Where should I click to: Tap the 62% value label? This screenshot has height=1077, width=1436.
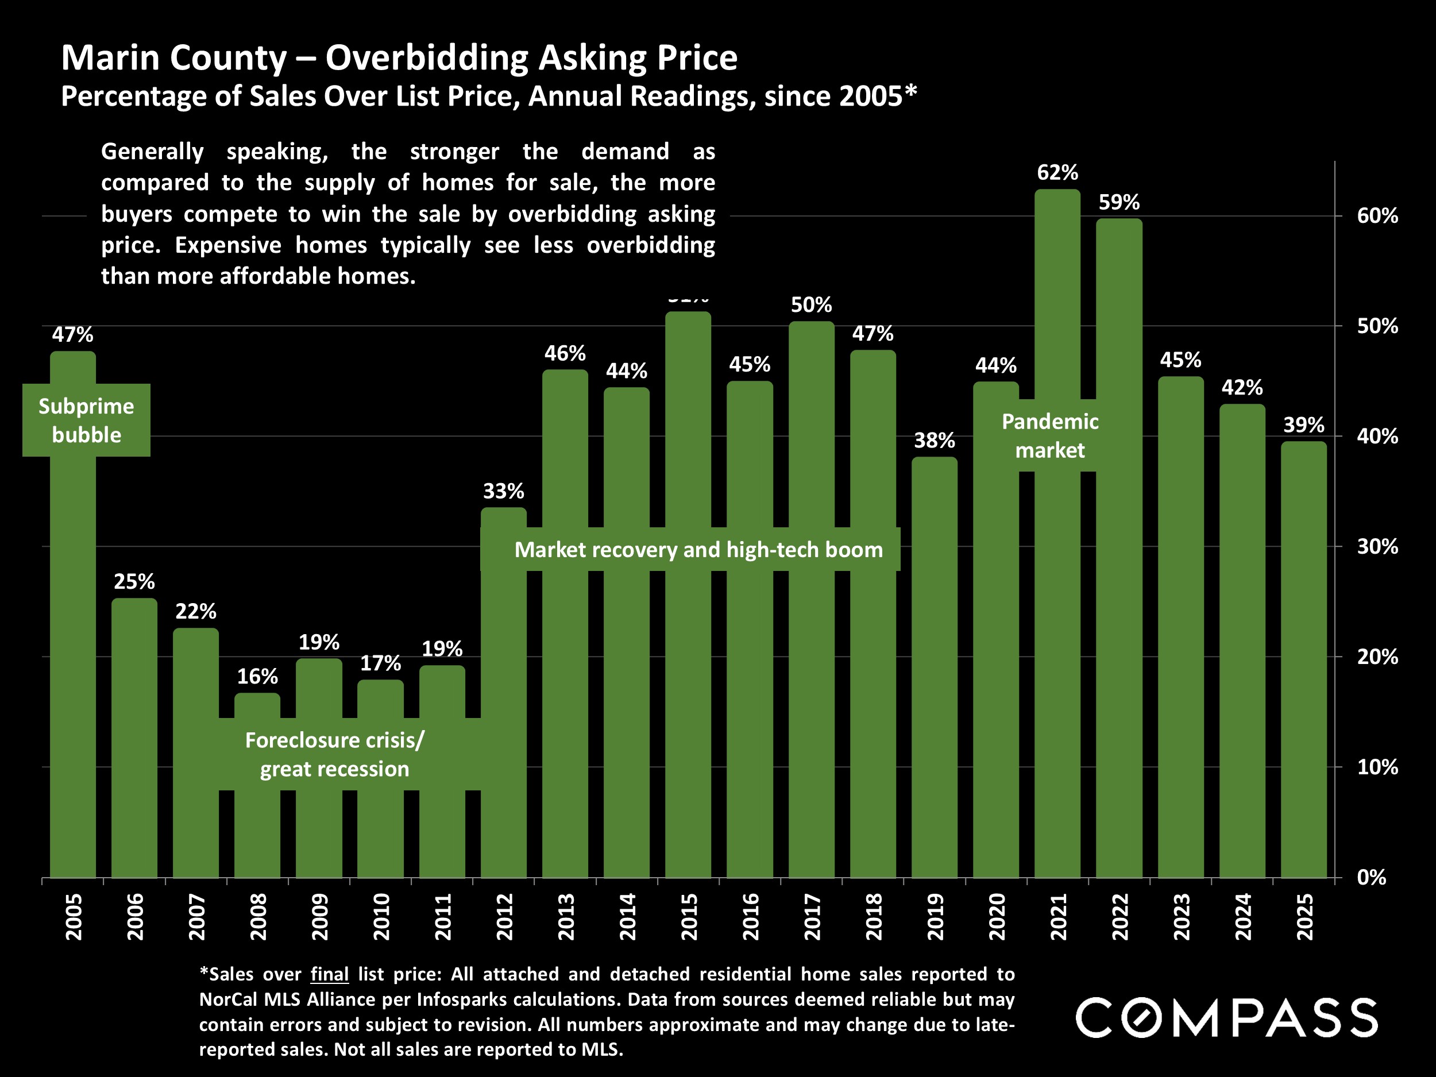pyautogui.click(x=1057, y=173)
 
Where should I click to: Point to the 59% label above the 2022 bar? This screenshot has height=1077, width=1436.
pyautogui.click(x=1118, y=203)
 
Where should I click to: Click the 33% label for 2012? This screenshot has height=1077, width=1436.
pyautogui.click(x=503, y=492)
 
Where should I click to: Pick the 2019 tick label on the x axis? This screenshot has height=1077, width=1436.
pyautogui.click(x=935, y=917)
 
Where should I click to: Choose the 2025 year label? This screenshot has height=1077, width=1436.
pyautogui.click(x=1304, y=917)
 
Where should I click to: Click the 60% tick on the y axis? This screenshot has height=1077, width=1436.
pyautogui.click(x=1377, y=216)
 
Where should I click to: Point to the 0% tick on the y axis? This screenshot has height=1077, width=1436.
pyautogui.click(x=1371, y=878)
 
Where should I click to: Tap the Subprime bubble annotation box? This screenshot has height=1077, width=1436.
pyautogui.click(x=86, y=420)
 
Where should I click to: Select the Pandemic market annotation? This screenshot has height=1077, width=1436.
pyautogui.click(x=1050, y=435)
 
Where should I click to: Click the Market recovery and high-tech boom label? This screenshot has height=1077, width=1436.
pyautogui.click(x=698, y=550)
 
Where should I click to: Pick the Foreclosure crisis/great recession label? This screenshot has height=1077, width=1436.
pyautogui.click(x=334, y=754)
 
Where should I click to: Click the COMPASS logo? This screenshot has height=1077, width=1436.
pyautogui.click(x=1226, y=1017)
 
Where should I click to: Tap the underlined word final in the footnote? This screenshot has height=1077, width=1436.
pyautogui.click(x=329, y=974)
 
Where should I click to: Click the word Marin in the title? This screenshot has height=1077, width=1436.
pyautogui.click(x=110, y=59)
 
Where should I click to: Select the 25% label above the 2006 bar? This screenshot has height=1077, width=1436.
pyautogui.click(x=134, y=582)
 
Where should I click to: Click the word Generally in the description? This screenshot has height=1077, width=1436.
pyautogui.click(x=153, y=152)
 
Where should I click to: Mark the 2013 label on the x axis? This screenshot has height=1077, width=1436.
pyautogui.click(x=565, y=917)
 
